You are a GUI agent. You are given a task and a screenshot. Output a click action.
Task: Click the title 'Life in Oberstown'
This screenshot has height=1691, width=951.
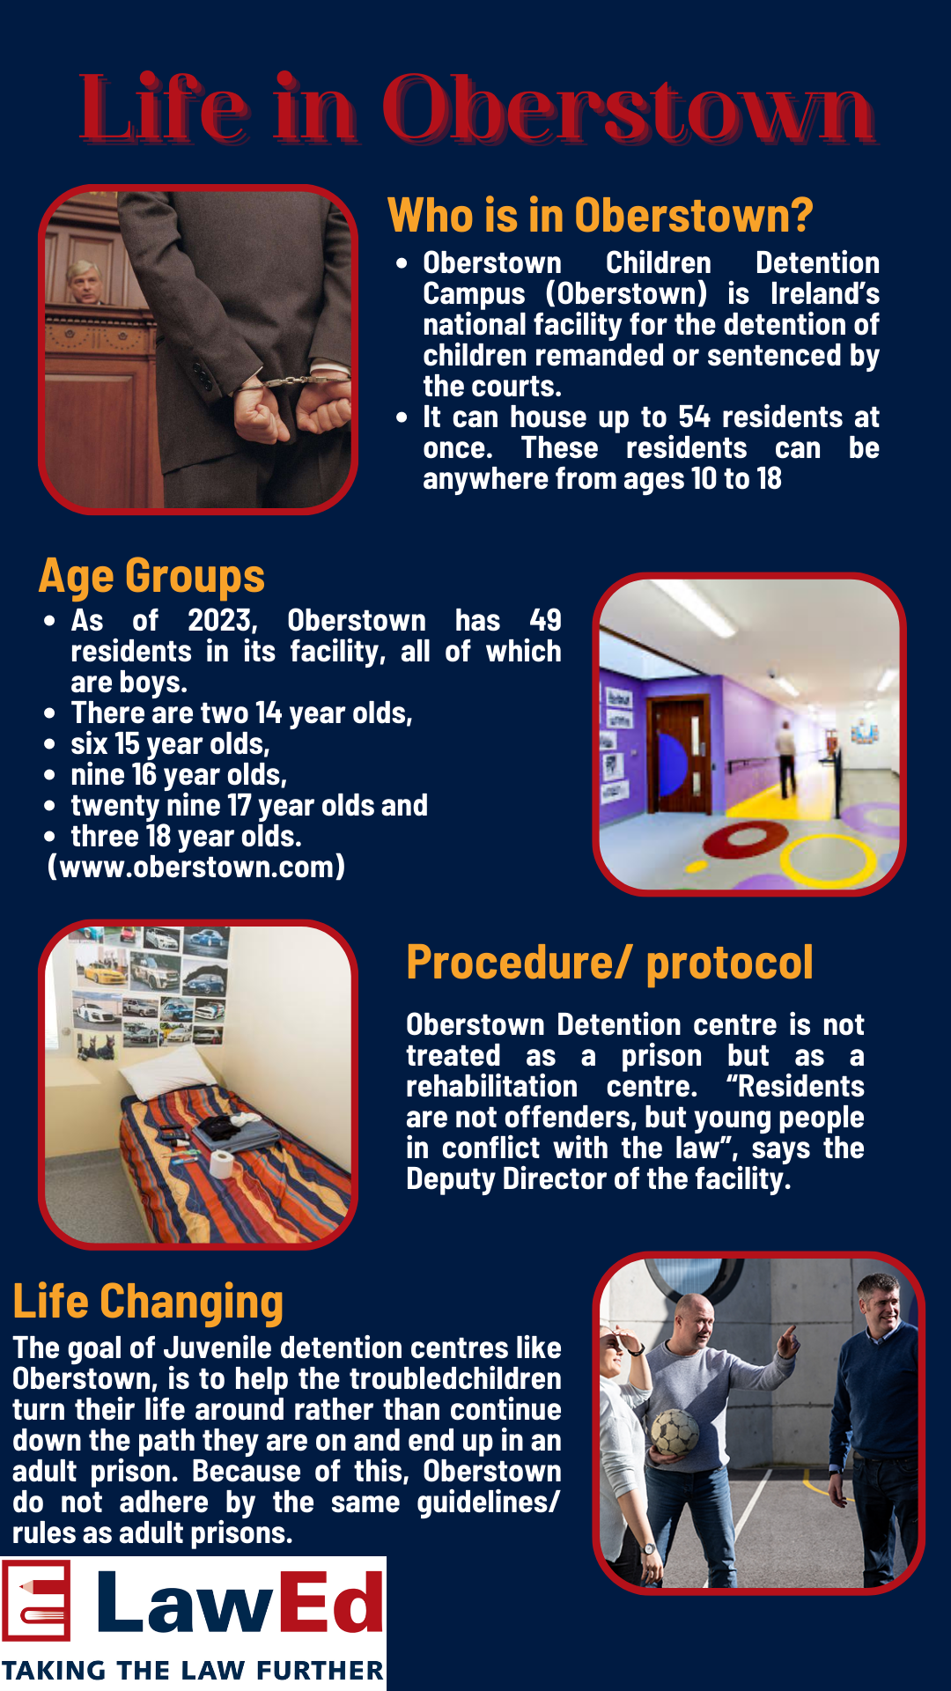tap(476, 109)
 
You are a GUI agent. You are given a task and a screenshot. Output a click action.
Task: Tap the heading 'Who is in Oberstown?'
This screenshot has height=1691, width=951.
tap(601, 216)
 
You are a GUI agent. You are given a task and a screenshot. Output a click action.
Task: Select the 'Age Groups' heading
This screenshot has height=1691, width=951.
tap(151, 577)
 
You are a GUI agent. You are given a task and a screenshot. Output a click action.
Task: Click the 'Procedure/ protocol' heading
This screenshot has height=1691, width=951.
tap(609, 963)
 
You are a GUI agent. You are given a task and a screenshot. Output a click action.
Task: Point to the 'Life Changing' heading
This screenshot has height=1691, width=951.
tap(148, 1303)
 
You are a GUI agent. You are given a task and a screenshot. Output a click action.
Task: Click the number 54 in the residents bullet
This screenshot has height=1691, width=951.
tap(695, 417)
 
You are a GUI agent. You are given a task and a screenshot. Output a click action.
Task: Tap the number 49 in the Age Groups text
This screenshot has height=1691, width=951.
tap(546, 620)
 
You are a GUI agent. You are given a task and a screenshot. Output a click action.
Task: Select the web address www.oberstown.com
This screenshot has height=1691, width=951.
tap(196, 867)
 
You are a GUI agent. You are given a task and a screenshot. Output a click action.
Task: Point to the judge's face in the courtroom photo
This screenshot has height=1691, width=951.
tap(85, 282)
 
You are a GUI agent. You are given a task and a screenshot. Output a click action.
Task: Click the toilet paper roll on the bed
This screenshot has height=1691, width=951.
tap(222, 1163)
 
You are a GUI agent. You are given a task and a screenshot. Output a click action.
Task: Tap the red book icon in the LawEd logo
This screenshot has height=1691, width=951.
tap(36, 1600)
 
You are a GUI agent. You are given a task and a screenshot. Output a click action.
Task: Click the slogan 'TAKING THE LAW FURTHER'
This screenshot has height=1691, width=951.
tap(193, 1670)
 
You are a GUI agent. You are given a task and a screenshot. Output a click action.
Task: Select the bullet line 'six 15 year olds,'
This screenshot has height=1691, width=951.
tap(170, 744)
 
